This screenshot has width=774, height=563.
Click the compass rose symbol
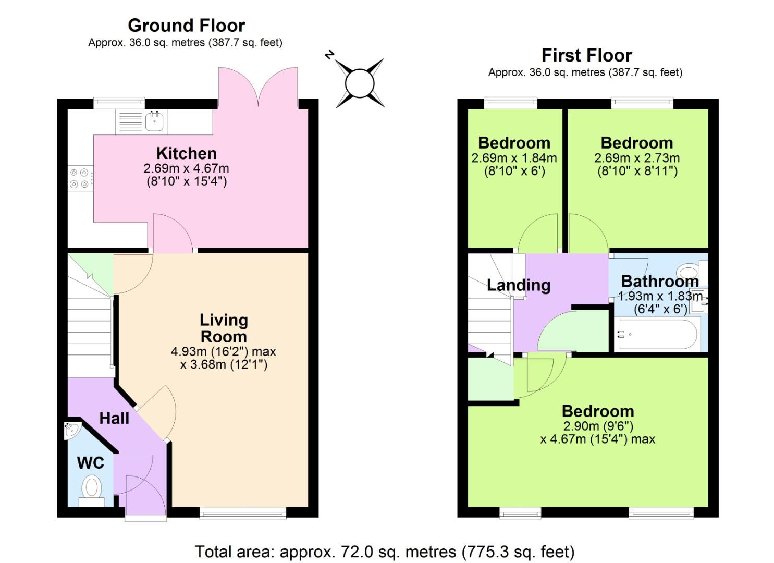pos(360,83)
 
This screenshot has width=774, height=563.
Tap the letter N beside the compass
pos(329,54)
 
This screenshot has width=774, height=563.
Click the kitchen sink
pos(154,122)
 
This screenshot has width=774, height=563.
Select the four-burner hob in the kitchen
pos(79,178)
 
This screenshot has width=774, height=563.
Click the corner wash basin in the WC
pos(72,430)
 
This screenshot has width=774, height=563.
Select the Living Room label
pos(224,328)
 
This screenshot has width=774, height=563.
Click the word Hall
pos(114,418)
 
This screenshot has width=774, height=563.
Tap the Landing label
pos(518,285)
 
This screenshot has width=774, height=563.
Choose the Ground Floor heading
pos(186,25)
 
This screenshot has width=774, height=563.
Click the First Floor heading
pos(586,55)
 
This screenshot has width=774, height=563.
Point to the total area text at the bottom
pos(385,551)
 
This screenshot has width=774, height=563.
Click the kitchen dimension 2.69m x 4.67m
pos(186,168)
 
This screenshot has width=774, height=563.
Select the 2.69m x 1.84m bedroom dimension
pos(514,158)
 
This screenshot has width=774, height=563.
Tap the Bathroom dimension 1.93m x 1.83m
pos(660,296)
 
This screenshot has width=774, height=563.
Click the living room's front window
pos(243,514)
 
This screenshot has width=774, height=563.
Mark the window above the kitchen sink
pos(119,102)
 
